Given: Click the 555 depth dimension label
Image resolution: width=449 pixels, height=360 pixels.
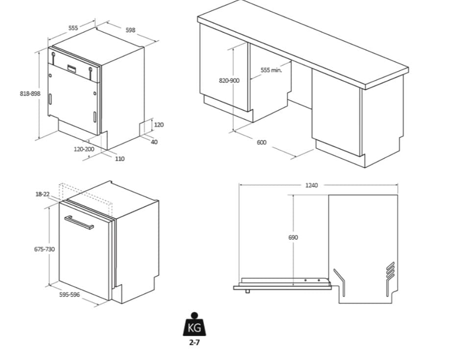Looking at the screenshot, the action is point(73,28).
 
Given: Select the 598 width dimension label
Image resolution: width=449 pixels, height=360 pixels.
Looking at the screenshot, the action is point(130,30).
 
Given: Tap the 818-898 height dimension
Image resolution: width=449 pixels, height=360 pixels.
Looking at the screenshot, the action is point(30,94).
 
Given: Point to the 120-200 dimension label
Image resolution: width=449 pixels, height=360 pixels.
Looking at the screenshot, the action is point(84,149).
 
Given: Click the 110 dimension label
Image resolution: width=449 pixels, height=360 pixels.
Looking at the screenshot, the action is point(120,159).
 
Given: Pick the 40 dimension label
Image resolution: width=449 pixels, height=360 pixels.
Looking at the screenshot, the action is point(154,142).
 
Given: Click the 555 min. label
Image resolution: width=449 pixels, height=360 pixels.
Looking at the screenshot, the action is point(271,70).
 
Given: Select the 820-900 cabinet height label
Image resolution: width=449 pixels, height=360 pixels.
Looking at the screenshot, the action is point(229,81).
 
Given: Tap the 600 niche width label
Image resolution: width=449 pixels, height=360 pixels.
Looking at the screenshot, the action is point(261,143).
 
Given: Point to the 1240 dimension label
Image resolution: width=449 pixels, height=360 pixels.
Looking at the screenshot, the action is point(311,185).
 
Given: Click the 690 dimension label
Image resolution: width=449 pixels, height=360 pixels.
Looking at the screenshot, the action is point(293,237).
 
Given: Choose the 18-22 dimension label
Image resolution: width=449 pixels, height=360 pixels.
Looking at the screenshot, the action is point(42,194).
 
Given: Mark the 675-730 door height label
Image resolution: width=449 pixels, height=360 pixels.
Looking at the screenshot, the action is point(45,249).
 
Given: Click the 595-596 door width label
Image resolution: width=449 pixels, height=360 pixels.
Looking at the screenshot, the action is point(70,294).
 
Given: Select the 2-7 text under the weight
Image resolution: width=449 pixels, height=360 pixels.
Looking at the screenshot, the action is point(194,342).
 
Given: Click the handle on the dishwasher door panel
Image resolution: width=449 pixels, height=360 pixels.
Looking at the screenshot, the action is point(79,222).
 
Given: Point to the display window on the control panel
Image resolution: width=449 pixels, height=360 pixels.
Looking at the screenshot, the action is point(72,69).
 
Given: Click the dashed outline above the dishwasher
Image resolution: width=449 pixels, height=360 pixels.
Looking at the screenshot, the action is point(85,194).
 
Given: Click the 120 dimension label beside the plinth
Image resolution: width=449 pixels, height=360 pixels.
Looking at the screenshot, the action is point(159,125).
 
